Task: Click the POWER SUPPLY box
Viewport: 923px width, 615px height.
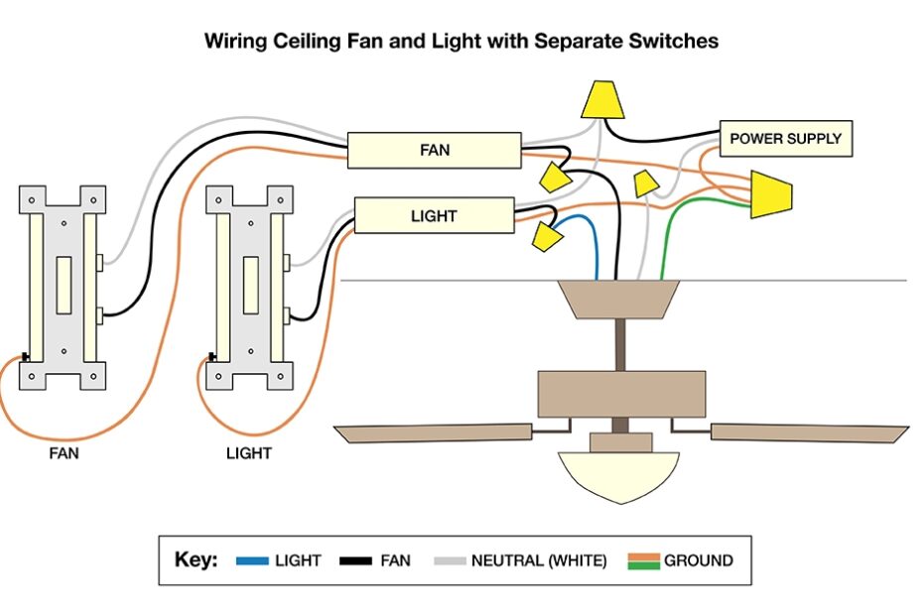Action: [785, 139]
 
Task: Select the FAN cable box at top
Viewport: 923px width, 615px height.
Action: [434, 151]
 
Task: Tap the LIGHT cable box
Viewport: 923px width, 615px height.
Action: [434, 215]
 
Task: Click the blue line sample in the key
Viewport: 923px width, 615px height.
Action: [252, 561]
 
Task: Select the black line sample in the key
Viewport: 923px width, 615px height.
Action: [355, 561]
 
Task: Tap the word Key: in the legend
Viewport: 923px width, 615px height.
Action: [196, 560]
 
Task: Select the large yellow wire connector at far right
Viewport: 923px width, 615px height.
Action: [771, 193]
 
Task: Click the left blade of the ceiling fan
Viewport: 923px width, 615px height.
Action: [431, 433]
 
